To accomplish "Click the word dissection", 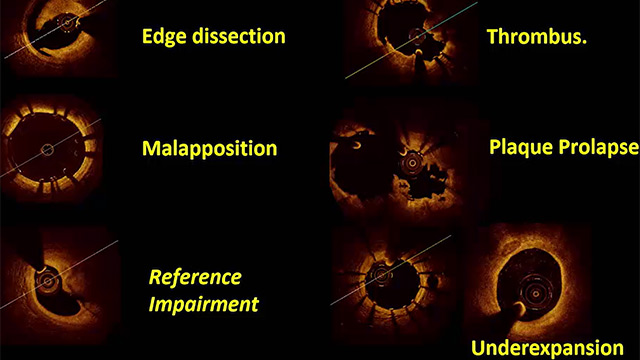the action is click(239, 36).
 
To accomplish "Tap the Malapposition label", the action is click(209, 149).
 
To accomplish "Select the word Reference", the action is click(195, 277).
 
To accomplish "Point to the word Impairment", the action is click(204, 304).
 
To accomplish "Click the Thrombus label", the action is click(537, 36).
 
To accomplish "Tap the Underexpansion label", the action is click(547, 348).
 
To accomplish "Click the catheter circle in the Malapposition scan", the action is click(47, 150).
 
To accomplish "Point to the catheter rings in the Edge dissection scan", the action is click(67, 23).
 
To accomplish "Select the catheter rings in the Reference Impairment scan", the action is click(48, 280).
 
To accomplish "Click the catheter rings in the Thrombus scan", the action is click(417, 36).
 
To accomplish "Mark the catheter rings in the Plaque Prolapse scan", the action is click(412, 163).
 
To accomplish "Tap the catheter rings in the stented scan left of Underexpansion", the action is click(381, 275).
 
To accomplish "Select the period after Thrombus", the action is click(584, 42).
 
